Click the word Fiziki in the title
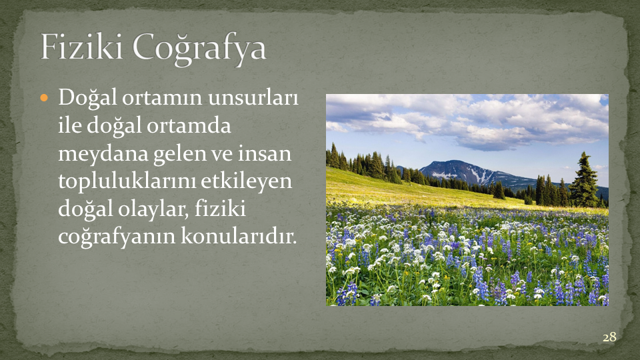pos(81,47)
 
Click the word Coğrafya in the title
pos(199,49)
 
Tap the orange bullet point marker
pos(45,98)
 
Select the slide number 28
pos(609,337)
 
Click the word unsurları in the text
pos(253,98)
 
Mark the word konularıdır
pos(239,236)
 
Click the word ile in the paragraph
pos(70,126)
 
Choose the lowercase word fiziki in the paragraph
pos(221,209)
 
